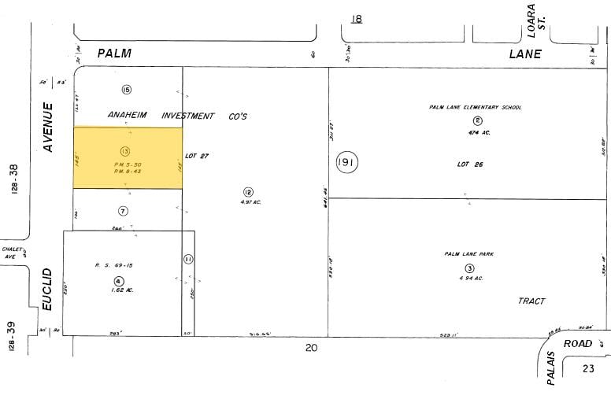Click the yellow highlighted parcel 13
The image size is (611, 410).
click(x=128, y=157)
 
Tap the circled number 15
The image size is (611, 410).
click(x=126, y=90)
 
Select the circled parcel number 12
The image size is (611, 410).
click(x=248, y=191)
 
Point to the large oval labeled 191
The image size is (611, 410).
click(x=346, y=162)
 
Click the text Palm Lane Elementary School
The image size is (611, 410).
click(x=475, y=107)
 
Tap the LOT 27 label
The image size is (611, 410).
click(x=196, y=156)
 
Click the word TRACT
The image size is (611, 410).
click(x=531, y=301)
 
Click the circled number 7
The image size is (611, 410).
click(x=123, y=210)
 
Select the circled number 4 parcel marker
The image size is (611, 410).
click(x=118, y=281)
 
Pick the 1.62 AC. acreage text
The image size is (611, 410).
click(x=119, y=290)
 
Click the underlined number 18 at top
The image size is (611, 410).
click(x=357, y=18)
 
